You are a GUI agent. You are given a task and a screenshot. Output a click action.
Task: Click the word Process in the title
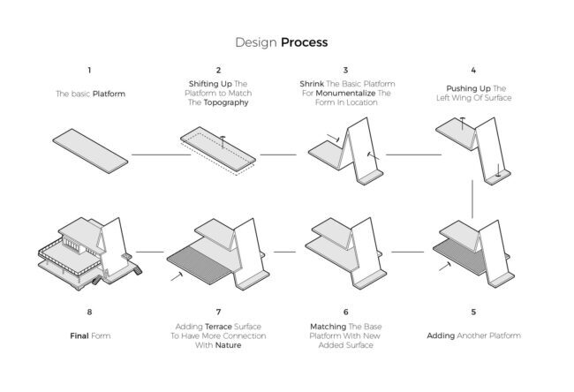(305, 41)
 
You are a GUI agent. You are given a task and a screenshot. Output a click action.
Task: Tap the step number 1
(89, 70)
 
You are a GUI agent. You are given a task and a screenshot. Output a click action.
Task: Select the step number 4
(473, 70)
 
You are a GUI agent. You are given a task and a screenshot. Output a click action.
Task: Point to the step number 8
(89, 312)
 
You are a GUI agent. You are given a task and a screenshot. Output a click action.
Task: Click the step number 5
(473, 312)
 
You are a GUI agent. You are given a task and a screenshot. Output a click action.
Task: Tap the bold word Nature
(229, 345)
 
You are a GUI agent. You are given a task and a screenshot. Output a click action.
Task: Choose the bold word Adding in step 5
(441, 335)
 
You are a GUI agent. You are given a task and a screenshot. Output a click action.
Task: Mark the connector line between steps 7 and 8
(151, 252)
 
